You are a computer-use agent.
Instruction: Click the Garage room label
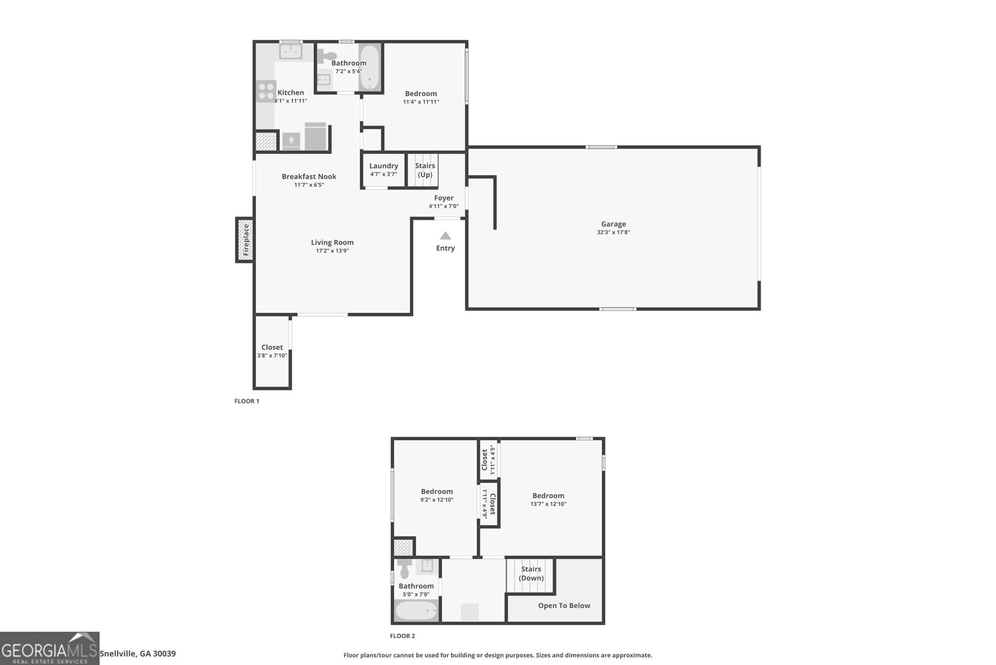(613, 224)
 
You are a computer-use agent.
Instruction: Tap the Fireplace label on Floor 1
(246, 240)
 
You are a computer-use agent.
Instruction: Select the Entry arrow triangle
(445, 236)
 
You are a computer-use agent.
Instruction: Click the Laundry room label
(383, 166)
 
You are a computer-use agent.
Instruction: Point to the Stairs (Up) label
(425, 170)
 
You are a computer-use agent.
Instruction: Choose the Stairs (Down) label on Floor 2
(531, 573)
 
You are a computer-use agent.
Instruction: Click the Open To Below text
(564, 606)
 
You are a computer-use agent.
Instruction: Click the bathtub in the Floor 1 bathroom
(369, 67)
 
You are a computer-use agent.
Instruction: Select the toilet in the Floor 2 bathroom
(405, 568)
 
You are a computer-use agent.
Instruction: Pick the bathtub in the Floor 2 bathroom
(416, 611)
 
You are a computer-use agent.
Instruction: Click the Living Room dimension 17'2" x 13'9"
(332, 251)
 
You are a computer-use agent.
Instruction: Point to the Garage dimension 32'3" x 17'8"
(613, 232)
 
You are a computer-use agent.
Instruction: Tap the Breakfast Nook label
(309, 176)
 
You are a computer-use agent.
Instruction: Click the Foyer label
(444, 198)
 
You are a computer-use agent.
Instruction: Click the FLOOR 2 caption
(402, 636)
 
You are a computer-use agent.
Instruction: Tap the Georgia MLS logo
(49, 648)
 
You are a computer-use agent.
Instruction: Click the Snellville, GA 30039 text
(138, 654)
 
